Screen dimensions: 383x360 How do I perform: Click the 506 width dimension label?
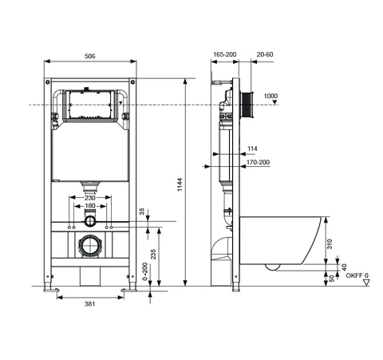click(90, 56)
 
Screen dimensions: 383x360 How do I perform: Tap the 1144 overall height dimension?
click(180, 184)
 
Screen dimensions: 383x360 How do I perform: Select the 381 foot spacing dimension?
click(90, 303)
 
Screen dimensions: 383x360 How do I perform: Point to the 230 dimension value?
click(90, 198)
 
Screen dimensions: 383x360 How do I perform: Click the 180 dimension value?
click(90, 206)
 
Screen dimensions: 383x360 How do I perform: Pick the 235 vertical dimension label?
click(153, 254)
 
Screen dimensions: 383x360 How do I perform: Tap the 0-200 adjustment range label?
click(145, 271)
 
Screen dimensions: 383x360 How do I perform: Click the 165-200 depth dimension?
click(225, 54)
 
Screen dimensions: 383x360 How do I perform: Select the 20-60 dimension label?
click(265, 54)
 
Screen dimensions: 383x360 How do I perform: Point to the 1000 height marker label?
click(270, 96)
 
